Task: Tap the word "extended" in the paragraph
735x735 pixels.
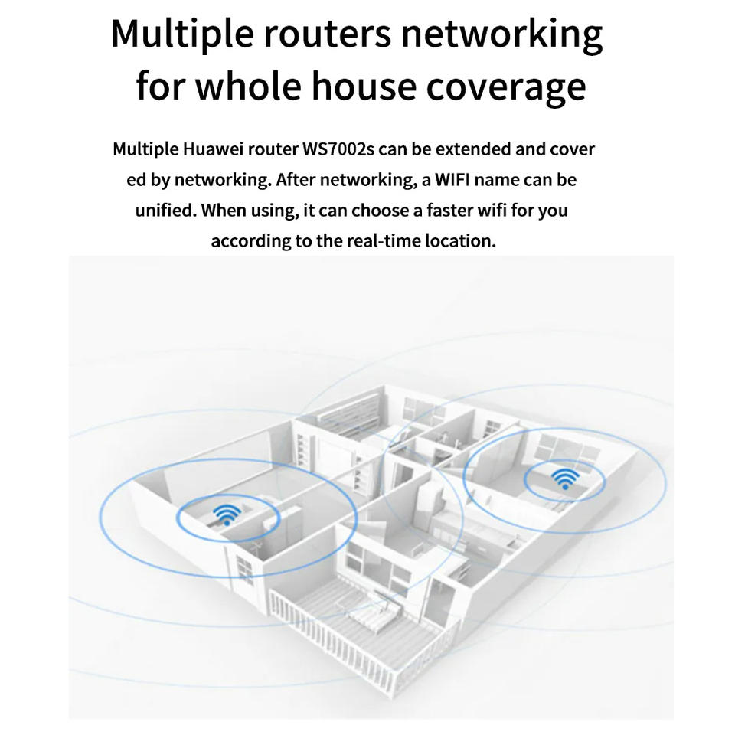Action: click(x=472, y=149)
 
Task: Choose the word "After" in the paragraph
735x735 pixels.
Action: click(x=295, y=180)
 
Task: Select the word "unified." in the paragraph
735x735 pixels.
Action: click(x=165, y=210)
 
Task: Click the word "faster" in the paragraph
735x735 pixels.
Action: click(x=451, y=210)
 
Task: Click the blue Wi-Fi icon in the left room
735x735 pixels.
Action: click(x=227, y=514)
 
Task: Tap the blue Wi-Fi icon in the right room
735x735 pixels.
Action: click(x=565, y=479)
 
